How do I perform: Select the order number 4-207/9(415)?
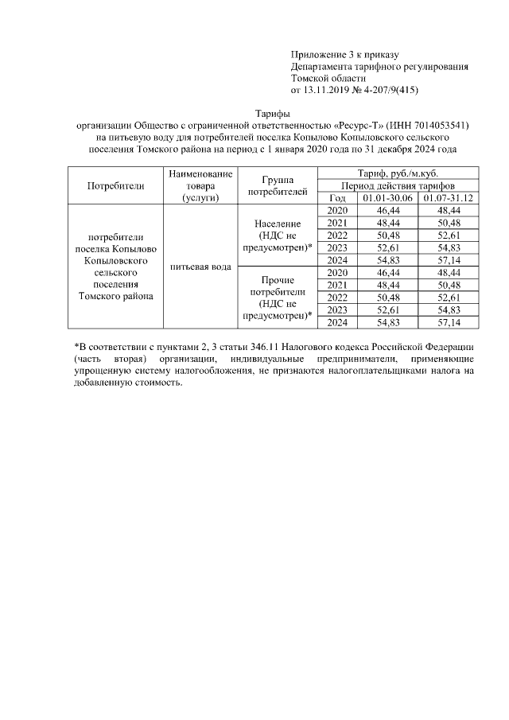point(390,90)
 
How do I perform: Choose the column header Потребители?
point(116,185)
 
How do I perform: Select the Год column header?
point(337,197)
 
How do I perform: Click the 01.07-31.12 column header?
point(449,197)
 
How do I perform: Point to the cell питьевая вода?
point(200,266)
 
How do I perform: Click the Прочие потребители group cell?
point(277,298)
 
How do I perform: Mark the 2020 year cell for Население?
point(337,210)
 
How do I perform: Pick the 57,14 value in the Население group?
point(449,259)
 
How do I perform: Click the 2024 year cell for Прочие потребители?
point(337,322)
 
